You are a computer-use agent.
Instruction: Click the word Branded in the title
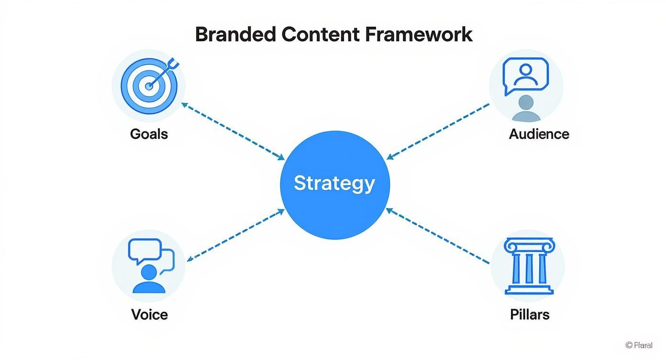(x=235, y=35)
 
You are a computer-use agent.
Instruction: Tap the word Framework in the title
(x=418, y=35)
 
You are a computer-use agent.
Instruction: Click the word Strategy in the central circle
(x=334, y=183)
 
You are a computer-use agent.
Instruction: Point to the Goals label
(x=149, y=134)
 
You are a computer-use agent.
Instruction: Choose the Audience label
(x=539, y=134)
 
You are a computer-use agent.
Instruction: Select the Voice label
(x=149, y=315)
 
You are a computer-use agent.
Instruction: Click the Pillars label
(x=529, y=315)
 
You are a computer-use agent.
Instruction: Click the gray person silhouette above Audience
(x=526, y=108)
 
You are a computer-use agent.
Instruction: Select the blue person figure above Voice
(x=149, y=279)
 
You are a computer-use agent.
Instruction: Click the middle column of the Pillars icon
(x=529, y=268)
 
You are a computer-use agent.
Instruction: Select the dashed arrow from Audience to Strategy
(x=438, y=130)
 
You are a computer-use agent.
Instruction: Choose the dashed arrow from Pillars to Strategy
(x=438, y=236)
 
